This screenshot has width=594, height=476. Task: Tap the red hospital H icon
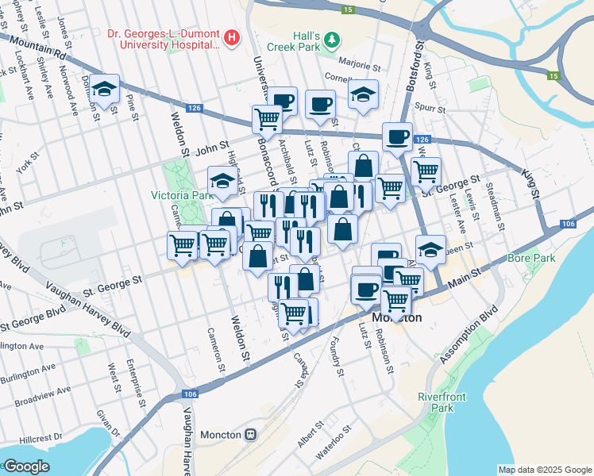tap(231, 36)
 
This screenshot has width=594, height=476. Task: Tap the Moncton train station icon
tap(251, 434)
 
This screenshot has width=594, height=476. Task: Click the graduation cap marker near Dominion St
tap(104, 89)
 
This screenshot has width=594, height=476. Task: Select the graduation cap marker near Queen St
tap(430, 248)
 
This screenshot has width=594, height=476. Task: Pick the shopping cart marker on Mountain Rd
tap(268, 119)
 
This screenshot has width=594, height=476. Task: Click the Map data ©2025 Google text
tap(544, 470)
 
